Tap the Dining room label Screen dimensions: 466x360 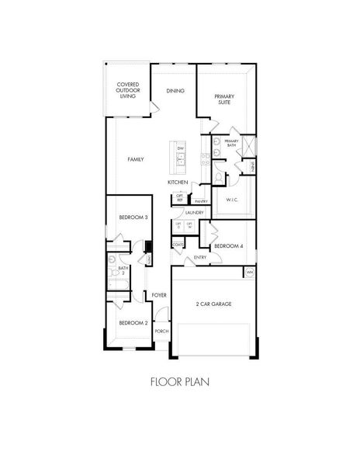click(175, 91)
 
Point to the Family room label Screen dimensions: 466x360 click(135, 158)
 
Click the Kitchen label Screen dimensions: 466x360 click(178, 182)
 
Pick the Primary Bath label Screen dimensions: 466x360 click(231, 143)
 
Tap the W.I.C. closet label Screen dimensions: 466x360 click(231, 200)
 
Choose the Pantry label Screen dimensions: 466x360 click(200, 200)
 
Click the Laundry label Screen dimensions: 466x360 click(194, 212)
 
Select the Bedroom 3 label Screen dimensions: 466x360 click(133, 218)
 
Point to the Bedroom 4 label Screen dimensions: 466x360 click(229, 245)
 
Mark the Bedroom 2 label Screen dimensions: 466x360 click(133, 322)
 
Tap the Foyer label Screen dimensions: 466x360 click(159, 295)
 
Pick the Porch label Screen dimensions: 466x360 click(161, 331)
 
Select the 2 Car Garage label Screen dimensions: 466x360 click(213, 303)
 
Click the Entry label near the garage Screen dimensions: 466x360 click(199, 257)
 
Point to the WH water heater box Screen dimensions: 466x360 click(249, 273)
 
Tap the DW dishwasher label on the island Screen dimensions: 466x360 click(180, 148)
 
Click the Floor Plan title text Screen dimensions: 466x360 click(179, 381)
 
